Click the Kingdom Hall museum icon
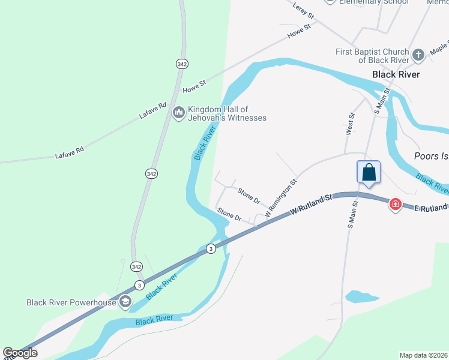pos(178,113)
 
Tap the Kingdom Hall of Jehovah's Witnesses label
pos(227,113)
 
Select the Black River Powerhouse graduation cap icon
pos(125,302)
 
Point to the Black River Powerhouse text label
pos(71,302)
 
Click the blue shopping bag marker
pos(369,173)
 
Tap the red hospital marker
pos(395,205)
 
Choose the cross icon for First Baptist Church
pos(419,56)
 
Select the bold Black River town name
pos(396,74)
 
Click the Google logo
pos(20,353)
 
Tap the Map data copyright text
pos(424,355)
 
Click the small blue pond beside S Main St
pos(361,296)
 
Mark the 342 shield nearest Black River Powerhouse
pos(137,266)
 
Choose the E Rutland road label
pos(431,208)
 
